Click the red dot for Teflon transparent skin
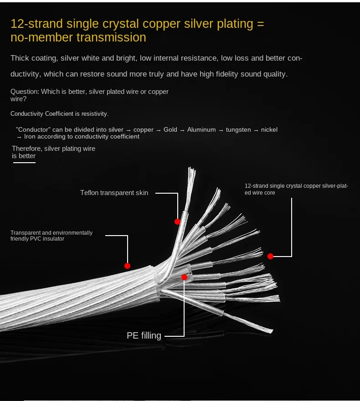[x=177, y=222]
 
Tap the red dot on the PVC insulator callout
[x=127, y=266]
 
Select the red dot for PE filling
[x=184, y=277]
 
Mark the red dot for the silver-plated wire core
[x=270, y=256]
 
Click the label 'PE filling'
[x=144, y=336]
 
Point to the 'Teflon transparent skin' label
[x=114, y=193]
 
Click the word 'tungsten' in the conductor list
[x=238, y=130]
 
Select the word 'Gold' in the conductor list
[x=170, y=130]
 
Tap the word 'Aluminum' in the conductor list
[x=201, y=130]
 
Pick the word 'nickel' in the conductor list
[x=269, y=130]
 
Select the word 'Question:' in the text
[x=25, y=92]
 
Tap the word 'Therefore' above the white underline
[x=27, y=149]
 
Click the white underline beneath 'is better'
[x=24, y=162]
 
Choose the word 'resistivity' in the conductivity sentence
[x=93, y=113]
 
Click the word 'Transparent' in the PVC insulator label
[x=25, y=233]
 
